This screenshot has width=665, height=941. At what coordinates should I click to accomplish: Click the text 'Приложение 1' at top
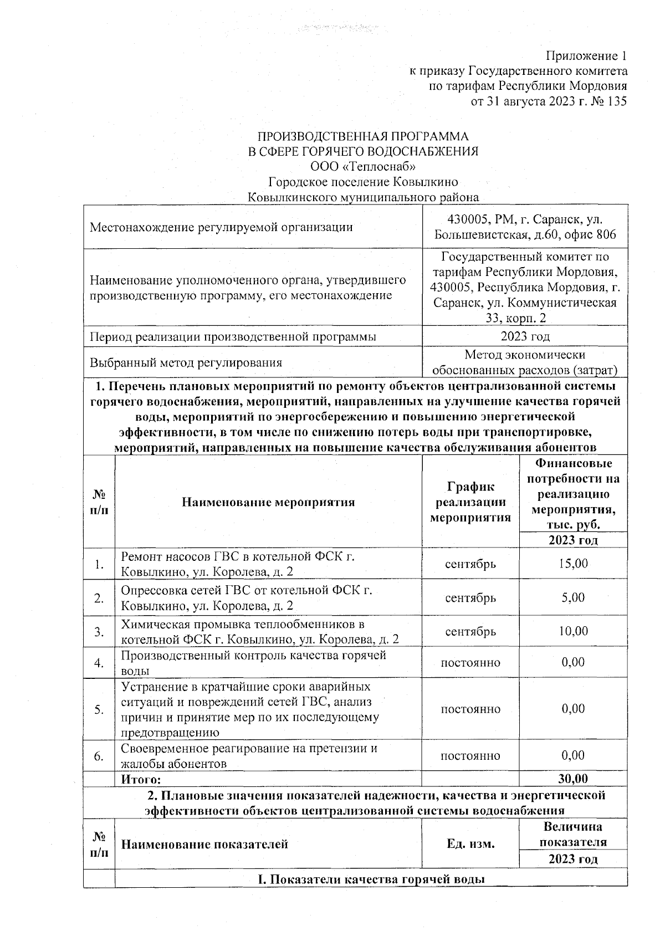pyautogui.click(x=586, y=56)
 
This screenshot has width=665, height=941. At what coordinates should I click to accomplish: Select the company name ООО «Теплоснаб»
pyautogui.click(x=362, y=166)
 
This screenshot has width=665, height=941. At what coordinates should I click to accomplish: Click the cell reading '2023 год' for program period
pyautogui.click(x=525, y=336)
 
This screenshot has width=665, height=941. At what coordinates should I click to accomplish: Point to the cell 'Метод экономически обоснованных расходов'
pyautogui.click(x=525, y=362)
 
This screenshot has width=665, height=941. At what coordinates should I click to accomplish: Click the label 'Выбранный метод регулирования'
pyautogui.click(x=186, y=363)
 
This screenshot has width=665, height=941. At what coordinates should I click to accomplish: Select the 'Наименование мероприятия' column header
pyautogui.click(x=268, y=503)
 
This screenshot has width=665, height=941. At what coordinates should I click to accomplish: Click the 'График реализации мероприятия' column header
pyautogui.click(x=470, y=503)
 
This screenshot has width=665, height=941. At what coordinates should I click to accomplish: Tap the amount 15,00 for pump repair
pyautogui.click(x=573, y=564)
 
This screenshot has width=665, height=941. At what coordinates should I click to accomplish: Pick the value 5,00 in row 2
pyautogui.click(x=573, y=597)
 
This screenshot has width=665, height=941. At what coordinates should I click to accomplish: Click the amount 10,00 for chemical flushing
pyautogui.click(x=573, y=631)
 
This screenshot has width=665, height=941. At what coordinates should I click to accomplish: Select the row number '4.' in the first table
pyautogui.click(x=99, y=663)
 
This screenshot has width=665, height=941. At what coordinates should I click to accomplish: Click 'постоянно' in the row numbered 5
pyautogui.click(x=470, y=709)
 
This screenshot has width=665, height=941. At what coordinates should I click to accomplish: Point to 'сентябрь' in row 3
pyautogui.click(x=470, y=632)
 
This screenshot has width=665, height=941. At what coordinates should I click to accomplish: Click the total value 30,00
pyautogui.click(x=573, y=779)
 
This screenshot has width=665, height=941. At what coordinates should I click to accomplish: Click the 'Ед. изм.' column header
pyautogui.click(x=470, y=844)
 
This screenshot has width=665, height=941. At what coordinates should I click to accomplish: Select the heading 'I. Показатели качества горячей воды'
pyautogui.click(x=371, y=879)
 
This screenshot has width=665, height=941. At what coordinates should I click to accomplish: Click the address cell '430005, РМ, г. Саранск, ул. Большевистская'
pyautogui.click(x=525, y=227)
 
